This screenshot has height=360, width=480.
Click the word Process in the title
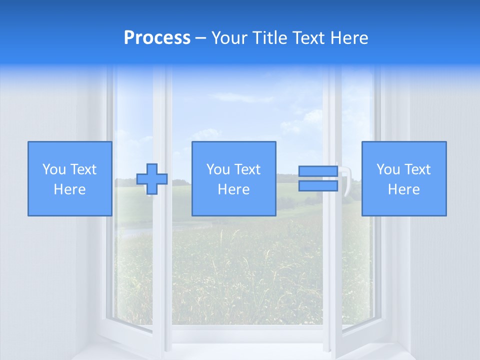click(x=157, y=38)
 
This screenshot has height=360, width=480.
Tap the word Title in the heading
click(x=269, y=38)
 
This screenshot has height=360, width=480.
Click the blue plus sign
click(x=152, y=179)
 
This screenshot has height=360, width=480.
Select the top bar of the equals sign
click(x=318, y=171)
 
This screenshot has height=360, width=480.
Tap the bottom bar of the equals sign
click(x=318, y=185)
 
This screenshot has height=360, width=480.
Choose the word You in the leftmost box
click(x=53, y=169)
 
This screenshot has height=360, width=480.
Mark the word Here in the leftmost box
click(x=69, y=189)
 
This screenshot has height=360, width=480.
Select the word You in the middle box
click(x=218, y=169)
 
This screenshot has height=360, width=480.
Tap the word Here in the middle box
click(x=233, y=189)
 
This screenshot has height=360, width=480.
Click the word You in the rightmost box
click(x=388, y=169)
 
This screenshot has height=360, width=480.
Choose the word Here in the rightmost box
click(x=403, y=189)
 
